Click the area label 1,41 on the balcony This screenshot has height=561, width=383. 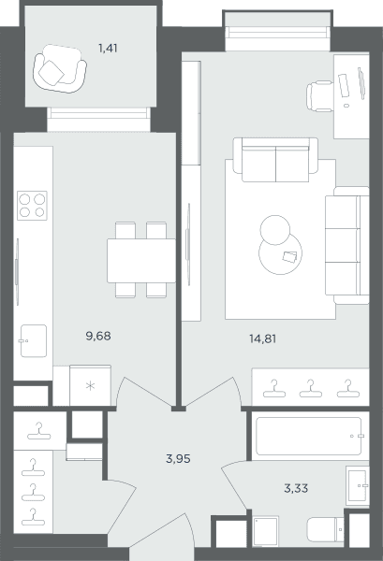[x=108, y=48]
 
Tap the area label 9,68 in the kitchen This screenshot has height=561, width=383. [x=98, y=336]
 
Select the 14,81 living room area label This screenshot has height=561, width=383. [x=262, y=338]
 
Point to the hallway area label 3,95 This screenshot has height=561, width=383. [x=178, y=458]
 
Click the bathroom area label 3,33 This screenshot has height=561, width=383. [x=296, y=488]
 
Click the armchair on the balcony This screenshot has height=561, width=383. [x=60, y=68]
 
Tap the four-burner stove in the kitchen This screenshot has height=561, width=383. [x=32, y=206]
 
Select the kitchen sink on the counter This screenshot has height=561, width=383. [x=34, y=340]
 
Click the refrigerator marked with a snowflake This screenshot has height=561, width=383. [x=90, y=385]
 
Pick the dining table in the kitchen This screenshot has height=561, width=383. [x=141, y=261]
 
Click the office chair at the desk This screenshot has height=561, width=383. [x=319, y=96]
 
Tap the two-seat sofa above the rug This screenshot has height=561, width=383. [x=275, y=160]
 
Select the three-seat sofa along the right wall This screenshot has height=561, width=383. [x=347, y=245]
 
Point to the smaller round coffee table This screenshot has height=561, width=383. [x=274, y=230]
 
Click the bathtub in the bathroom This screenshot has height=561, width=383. [x=308, y=436]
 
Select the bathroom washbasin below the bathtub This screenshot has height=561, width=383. [x=358, y=485]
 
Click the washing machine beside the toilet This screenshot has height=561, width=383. [x=266, y=531]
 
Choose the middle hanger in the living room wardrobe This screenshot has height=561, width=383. [x=310, y=389]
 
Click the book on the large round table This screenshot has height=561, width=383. [x=290, y=256]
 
